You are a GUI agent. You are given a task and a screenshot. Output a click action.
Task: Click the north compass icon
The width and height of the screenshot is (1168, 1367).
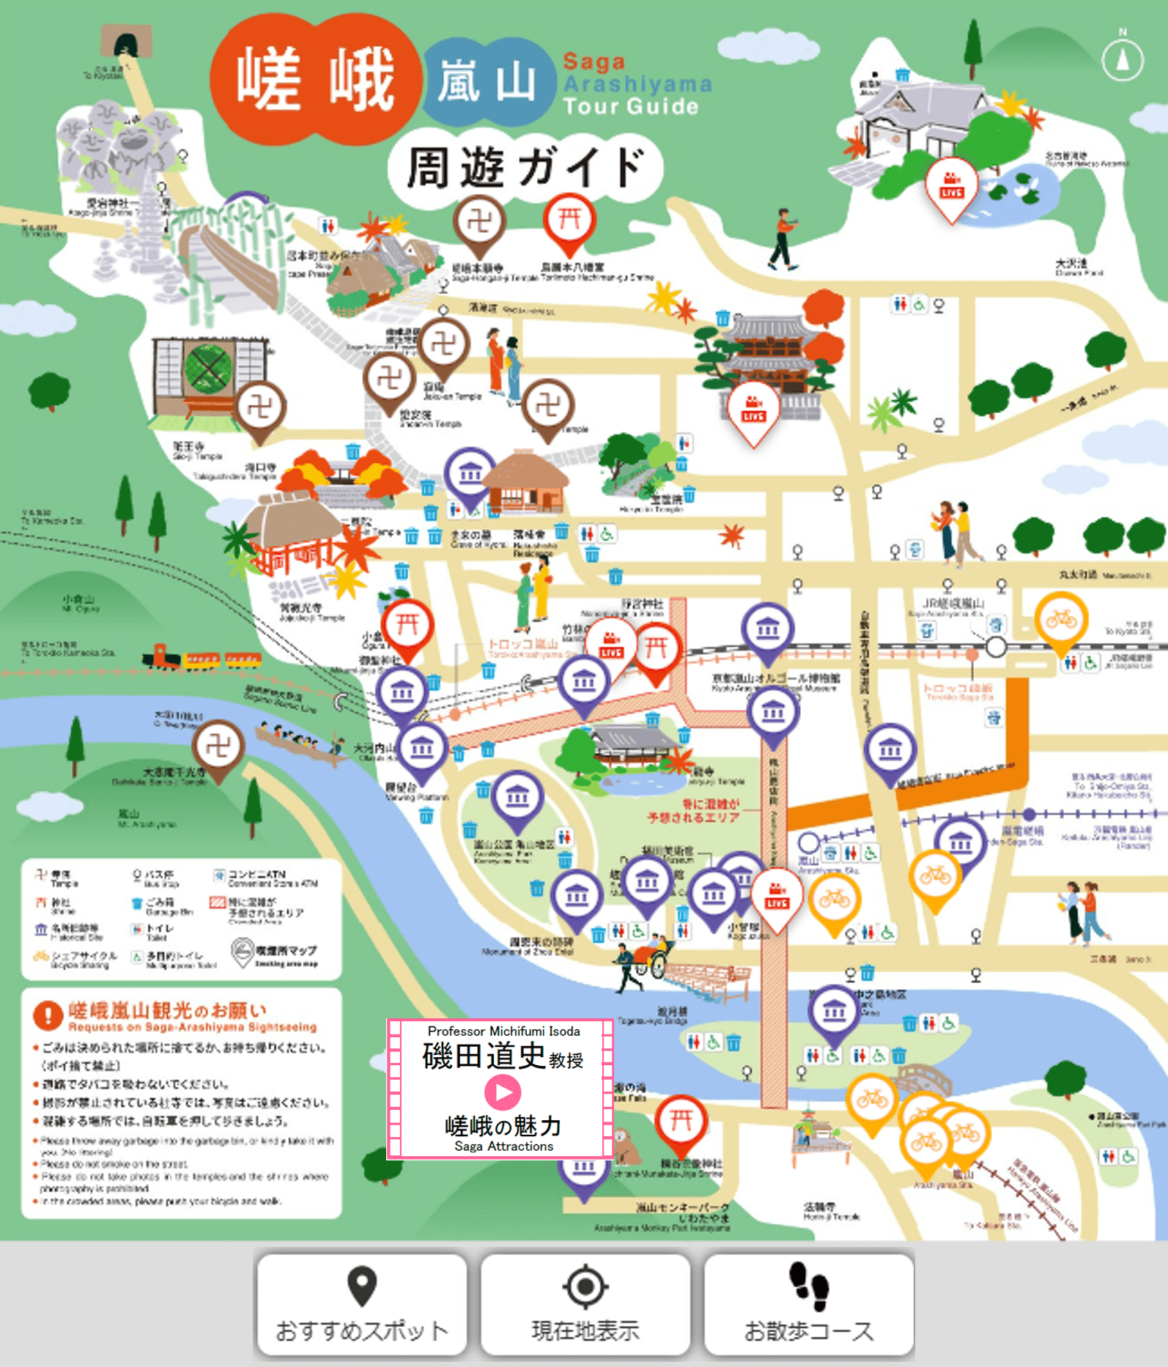tap(1122, 59)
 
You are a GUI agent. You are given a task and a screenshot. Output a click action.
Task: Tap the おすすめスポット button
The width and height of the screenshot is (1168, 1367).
tap(361, 1305)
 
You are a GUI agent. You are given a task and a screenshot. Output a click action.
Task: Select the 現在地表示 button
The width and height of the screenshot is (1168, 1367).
tap(585, 1305)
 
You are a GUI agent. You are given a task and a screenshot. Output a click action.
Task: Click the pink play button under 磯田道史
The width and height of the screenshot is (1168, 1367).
tap(503, 1092)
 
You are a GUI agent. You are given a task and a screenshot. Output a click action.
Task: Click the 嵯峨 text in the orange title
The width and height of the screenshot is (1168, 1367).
tap(315, 79)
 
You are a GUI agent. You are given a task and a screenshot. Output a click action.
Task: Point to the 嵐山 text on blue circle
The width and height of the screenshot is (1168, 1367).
tap(487, 81)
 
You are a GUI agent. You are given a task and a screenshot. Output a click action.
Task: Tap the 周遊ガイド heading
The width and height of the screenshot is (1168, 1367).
tap(525, 168)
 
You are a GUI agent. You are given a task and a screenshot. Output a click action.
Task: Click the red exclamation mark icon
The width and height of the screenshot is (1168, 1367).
tap(48, 1015)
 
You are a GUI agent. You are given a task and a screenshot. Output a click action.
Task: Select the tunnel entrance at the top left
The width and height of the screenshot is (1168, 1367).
tap(126, 45)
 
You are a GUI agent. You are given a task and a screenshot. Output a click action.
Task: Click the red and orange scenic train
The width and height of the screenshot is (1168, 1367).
tap(202, 658)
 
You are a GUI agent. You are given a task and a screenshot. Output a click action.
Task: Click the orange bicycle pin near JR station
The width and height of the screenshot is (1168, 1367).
tap(1060, 621)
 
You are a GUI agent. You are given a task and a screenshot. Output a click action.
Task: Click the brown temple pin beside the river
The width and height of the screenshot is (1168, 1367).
tap(218, 749)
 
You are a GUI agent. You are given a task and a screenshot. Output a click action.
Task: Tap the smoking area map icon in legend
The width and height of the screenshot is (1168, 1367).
tap(243, 952)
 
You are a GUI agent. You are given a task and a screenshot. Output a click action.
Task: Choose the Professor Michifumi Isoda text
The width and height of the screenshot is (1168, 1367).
tap(503, 1031)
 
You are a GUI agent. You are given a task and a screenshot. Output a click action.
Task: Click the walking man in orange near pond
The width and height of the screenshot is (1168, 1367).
tap(783, 239)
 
